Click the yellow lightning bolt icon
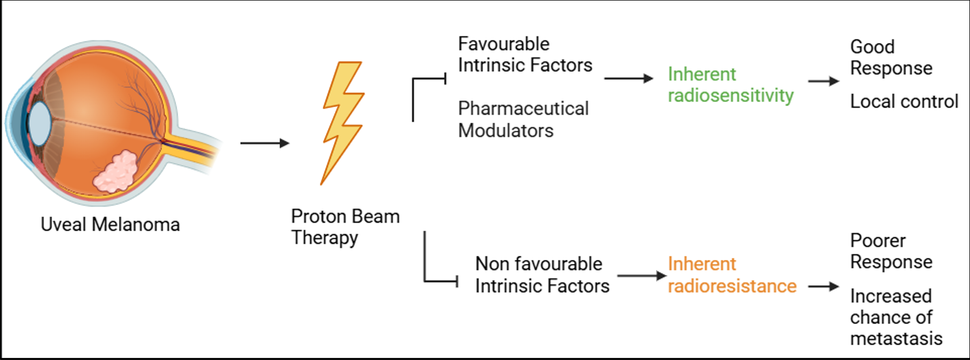[343, 121]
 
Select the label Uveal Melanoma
[110, 225]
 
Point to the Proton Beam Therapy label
[345, 227]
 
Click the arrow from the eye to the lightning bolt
[265, 143]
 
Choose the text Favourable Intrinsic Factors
[525, 54]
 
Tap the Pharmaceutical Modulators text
[523, 119]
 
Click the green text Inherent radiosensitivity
[730, 85]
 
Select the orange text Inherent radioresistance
[732, 275]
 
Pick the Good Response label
[891, 57]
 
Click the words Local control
[904, 102]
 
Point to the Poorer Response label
[891, 251]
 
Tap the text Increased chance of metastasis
[896, 317]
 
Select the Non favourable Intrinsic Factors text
[542, 275]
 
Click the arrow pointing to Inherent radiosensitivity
[628, 78]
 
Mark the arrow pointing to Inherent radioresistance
[642, 276]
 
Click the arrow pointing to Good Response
[823, 81]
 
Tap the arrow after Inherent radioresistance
[823, 286]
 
